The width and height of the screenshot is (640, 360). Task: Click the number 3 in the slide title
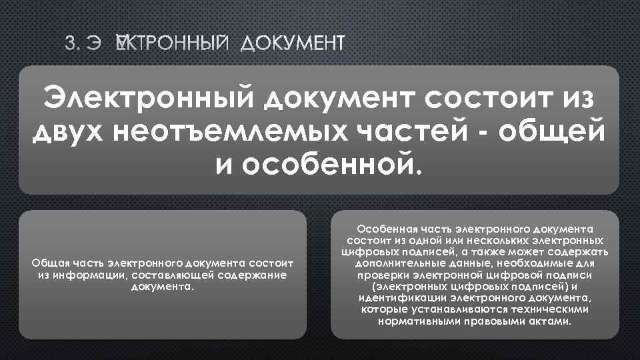70,45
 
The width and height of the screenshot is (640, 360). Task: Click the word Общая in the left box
47,263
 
